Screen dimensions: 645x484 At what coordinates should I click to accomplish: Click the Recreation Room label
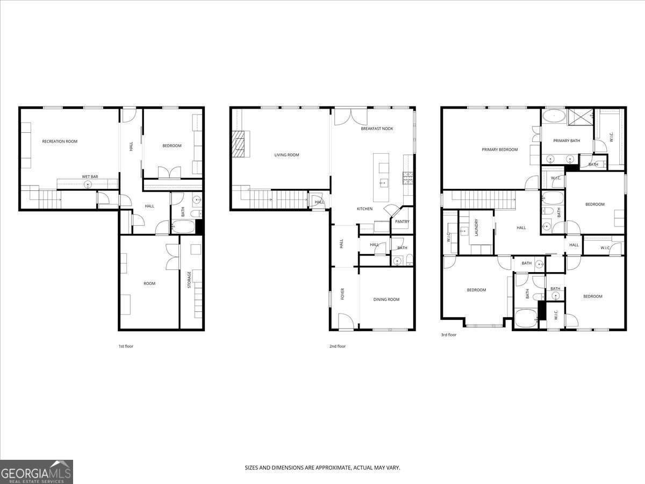point(60,141)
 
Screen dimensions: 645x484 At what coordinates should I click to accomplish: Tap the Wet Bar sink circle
point(88,185)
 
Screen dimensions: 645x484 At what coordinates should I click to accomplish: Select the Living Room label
point(286,155)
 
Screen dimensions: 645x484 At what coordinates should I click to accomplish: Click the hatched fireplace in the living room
point(238,144)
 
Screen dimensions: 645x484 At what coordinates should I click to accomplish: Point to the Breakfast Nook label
point(377,129)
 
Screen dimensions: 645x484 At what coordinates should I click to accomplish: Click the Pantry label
point(402,222)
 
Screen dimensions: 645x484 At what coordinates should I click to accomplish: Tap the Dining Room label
point(386,300)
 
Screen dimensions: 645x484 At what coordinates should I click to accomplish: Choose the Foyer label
point(342,294)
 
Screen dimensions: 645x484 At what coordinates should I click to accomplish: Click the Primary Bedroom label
point(499,150)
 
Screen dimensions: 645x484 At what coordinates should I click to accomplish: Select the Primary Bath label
point(567,141)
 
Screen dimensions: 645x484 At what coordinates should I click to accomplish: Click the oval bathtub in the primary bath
point(554,116)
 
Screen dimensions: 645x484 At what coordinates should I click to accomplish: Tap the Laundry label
point(476,227)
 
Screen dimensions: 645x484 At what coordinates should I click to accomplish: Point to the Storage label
point(189,280)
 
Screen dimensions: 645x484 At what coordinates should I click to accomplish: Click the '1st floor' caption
point(126,346)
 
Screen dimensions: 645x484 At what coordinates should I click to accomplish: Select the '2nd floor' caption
point(338,346)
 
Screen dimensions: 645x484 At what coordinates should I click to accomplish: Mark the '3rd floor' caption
point(448,334)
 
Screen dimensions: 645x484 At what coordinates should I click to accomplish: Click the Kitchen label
point(364,209)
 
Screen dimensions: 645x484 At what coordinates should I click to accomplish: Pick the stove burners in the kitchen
point(407,178)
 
